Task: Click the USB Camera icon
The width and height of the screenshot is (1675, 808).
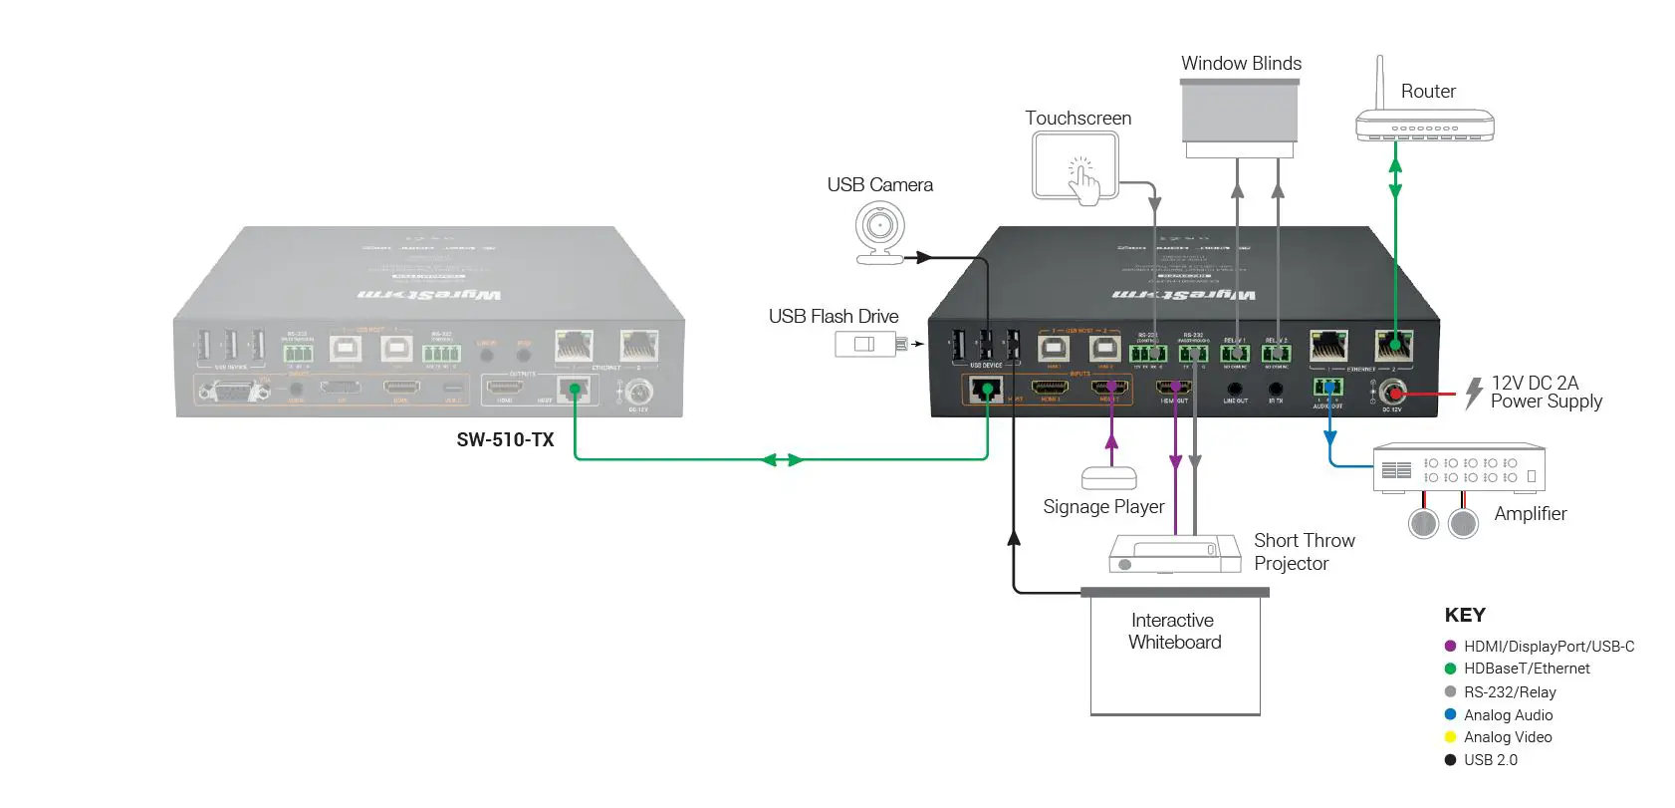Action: [880, 232]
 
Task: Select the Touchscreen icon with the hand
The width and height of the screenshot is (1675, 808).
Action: [1077, 167]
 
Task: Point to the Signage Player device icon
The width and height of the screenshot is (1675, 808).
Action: [1108, 477]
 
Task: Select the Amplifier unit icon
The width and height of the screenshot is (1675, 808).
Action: [1459, 468]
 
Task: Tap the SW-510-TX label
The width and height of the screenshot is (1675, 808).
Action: [505, 439]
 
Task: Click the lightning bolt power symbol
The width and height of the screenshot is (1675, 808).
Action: [1474, 393]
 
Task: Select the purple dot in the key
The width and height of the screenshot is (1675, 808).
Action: [1450, 646]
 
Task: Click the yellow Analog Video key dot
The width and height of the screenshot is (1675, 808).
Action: [1450, 737]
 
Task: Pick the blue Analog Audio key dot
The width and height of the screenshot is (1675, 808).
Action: [1450, 714]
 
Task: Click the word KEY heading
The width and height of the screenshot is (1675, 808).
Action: [1464, 615]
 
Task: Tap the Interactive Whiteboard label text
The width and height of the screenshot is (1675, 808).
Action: [1174, 631]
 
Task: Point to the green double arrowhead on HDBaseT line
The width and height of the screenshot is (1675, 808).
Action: [782, 459]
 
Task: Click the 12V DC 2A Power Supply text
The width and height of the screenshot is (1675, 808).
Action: [1546, 392]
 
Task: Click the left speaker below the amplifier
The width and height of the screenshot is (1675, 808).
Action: [1424, 522]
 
